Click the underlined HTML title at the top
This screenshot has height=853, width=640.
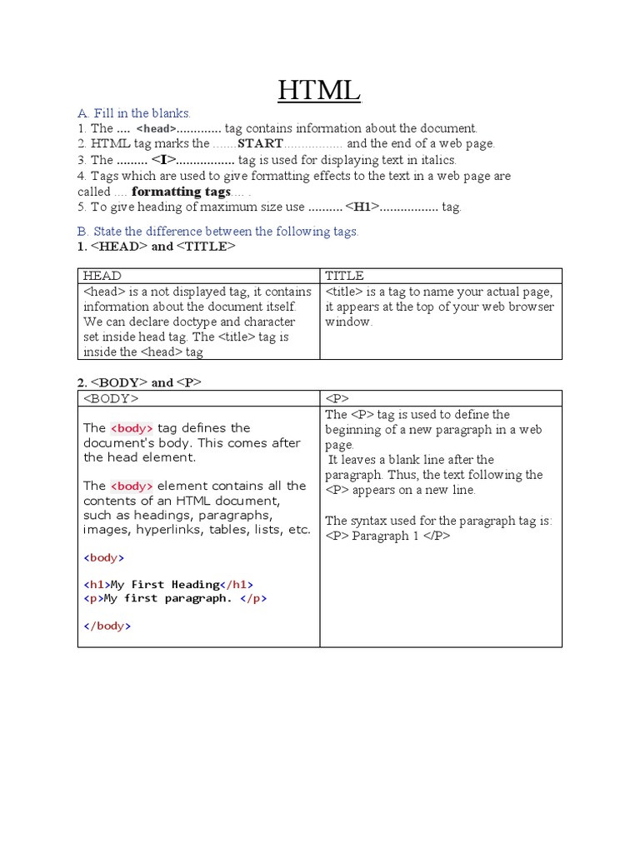[319, 89]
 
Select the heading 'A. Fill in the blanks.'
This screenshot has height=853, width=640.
[134, 112]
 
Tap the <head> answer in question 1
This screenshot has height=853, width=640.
[157, 129]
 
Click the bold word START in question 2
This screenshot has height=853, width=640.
[261, 144]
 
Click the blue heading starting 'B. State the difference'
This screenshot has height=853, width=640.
[218, 232]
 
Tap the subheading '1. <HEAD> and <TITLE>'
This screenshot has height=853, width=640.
[157, 247]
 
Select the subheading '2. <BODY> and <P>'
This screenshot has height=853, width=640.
[140, 382]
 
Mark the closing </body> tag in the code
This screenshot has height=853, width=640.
[107, 626]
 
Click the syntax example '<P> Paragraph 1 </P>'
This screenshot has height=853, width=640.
[387, 536]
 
